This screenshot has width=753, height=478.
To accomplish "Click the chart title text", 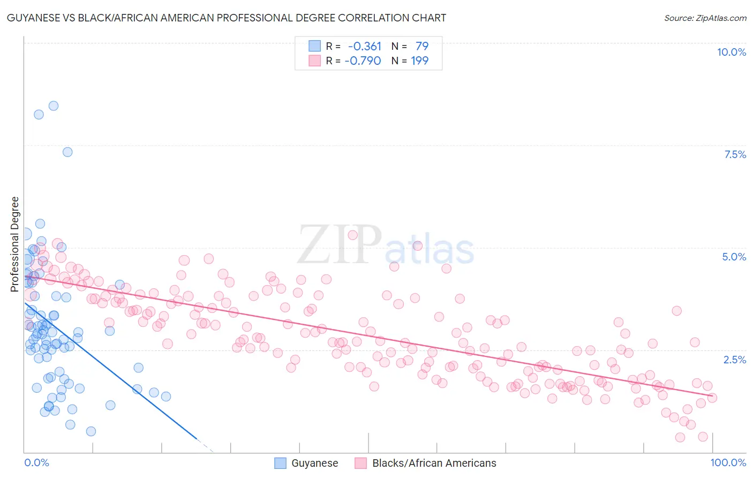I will [226, 18].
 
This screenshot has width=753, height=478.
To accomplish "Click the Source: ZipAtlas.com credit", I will [705, 18].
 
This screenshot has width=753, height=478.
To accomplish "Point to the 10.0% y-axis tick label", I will [731, 52].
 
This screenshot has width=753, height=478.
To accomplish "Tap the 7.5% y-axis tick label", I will [735, 154].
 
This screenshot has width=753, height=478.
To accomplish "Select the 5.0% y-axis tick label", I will [734, 257].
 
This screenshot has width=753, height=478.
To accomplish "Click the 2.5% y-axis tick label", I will [734, 360].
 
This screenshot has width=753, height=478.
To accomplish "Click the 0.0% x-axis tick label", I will [36, 462].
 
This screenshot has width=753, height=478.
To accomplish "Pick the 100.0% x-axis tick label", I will [728, 462].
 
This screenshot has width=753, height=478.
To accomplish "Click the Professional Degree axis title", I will [14, 244].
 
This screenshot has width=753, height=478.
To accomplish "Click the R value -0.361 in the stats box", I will [364, 47].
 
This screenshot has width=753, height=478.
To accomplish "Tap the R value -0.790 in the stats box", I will [363, 61].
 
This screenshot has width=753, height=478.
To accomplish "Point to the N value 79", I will [422, 47].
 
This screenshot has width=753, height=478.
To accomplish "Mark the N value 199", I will [419, 61].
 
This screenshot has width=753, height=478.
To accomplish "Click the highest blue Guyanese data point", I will [54, 106].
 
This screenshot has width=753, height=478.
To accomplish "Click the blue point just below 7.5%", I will [67, 152].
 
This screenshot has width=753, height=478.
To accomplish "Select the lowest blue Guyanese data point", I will [91, 431].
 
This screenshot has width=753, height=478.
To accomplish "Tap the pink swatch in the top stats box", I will [314, 61].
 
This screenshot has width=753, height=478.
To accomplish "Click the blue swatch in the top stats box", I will [314, 47].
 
